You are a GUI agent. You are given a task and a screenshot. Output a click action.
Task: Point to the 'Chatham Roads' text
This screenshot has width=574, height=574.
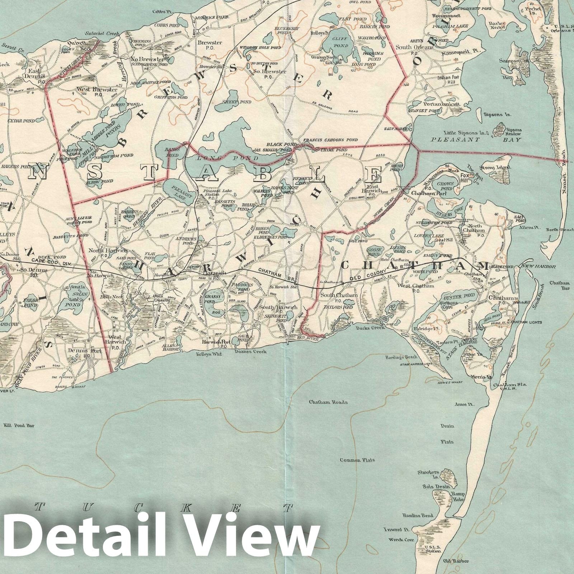(328, 402)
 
